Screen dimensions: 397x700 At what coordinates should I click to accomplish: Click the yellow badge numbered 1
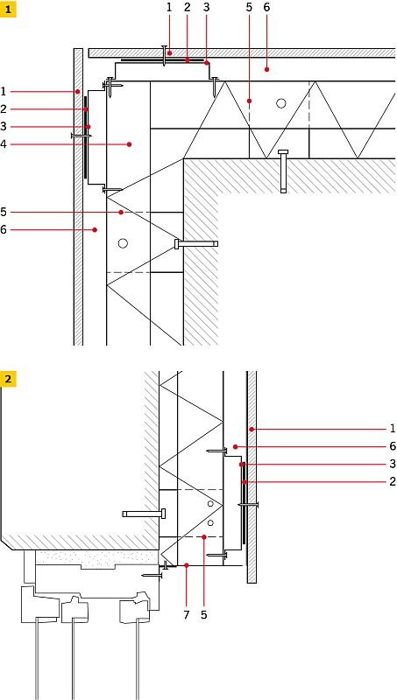coord(9,9)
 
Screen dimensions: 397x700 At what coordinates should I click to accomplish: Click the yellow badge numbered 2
coord(9,380)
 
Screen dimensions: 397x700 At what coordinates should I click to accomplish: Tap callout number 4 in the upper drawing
coord(4,144)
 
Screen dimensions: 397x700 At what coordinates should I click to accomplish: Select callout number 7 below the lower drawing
coord(187,614)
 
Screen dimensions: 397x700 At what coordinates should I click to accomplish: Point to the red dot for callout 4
coord(129,144)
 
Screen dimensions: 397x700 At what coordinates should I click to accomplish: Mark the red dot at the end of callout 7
coord(187,565)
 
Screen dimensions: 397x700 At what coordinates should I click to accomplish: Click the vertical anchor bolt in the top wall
coord(283,171)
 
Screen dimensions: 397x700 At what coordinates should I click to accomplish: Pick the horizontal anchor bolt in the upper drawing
coord(196,244)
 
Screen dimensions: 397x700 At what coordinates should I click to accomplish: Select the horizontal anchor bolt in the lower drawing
coord(145,514)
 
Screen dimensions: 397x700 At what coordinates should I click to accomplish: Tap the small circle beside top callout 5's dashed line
coord(280,103)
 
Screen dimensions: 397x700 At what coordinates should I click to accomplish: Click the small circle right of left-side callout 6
coord(123,243)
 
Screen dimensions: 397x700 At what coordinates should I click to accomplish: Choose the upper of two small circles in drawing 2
coord(210,504)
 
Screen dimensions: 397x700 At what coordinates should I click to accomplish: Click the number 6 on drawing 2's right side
coord(393,446)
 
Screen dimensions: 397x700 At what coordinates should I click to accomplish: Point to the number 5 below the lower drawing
coord(204,614)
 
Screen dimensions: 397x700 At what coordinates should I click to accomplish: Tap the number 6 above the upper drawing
coord(266,8)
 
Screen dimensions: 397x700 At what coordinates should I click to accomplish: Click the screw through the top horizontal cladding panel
coord(165,56)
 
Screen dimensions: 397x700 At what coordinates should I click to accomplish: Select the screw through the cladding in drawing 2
coord(248,505)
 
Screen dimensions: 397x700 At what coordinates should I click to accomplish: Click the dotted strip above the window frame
coord(97,557)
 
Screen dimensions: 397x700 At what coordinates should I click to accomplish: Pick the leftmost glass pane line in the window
coord(37,660)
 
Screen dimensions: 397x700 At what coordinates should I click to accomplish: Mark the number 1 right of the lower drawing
coord(393,429)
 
